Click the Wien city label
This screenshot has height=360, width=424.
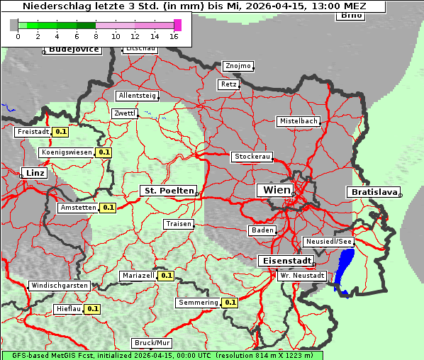tap(277, 190)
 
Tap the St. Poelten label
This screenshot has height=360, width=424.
tap(169, 191)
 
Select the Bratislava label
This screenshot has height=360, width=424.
tap(373, 192)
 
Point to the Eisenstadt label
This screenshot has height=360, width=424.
tap(284, 261)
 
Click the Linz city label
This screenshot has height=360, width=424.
tap(34, 173)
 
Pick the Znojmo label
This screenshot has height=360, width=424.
tap(238, 66)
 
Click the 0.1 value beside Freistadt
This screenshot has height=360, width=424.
tap(61, 131)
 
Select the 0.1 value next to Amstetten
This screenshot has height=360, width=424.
tap(108, 208)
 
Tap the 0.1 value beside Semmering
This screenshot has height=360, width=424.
tap(230, 303)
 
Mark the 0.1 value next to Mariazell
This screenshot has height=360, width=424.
tap(167, 276)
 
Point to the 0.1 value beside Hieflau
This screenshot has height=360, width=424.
tap(93, 309)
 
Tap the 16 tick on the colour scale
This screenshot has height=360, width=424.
tap(174, 35)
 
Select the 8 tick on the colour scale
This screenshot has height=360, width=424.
tap(96, 35)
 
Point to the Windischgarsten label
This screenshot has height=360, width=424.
tap(60, 286)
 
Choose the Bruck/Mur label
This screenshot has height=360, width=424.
tap(152, 343)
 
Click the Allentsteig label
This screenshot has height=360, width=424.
tap(138, 96)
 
